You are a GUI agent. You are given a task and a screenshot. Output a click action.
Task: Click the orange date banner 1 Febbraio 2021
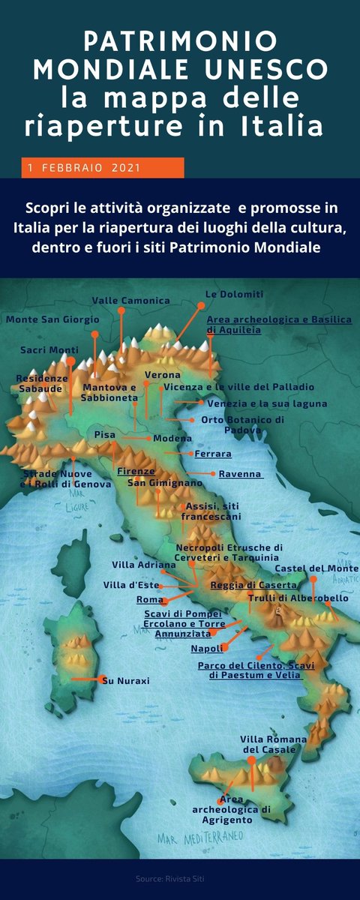[x=103, y=168]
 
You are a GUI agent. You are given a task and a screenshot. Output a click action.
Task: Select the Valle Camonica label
[x=130, y=300]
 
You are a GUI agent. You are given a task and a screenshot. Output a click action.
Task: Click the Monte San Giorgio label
[x=52, y=319]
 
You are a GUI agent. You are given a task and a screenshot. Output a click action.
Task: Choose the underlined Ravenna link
[x=241, y=474]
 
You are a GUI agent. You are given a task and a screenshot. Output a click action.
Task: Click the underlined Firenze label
[x=136, y=471]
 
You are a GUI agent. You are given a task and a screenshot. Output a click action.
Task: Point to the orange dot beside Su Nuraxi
[x=102, y=679]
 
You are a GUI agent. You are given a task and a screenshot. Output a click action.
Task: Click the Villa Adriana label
[x=144, y=564]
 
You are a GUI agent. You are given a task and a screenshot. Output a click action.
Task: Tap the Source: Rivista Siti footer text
[x=179, y=877]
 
